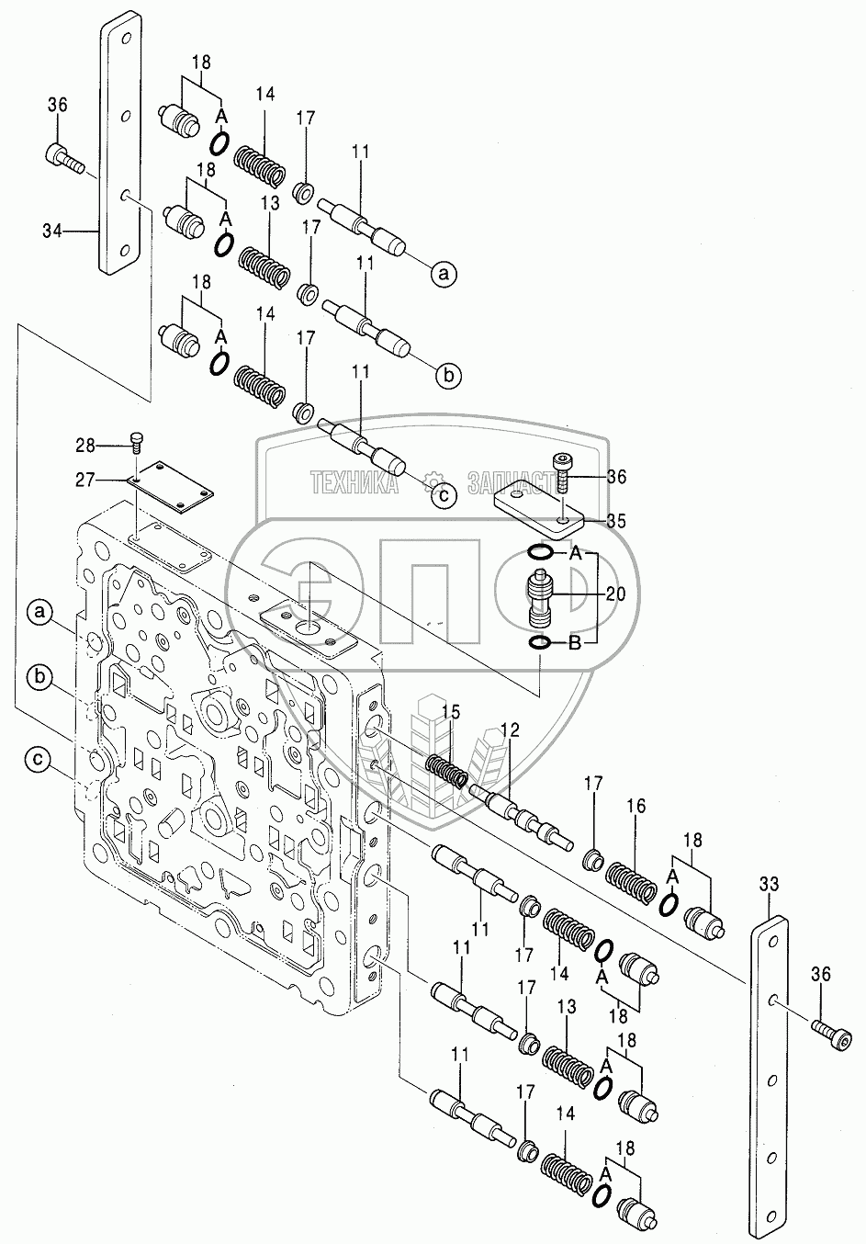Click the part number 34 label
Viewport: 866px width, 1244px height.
pyautogui.click(x=52, y=232)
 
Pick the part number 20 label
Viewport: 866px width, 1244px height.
pyautogui.click(x=616, y=595)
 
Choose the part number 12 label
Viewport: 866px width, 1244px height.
pyautogui.click(x=511, y=730)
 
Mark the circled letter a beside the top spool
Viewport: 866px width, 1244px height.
pyautogui.click(x=444, y=272)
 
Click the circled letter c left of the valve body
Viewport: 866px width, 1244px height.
pyautogui.click(x=38, y=759)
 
